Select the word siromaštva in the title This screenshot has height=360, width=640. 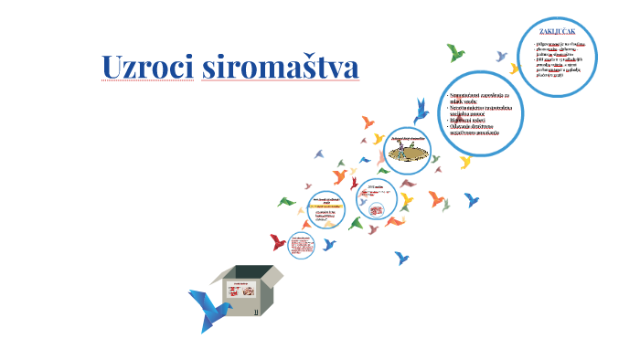[x=278, y=68]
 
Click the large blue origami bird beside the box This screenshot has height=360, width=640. [x=208, y=308]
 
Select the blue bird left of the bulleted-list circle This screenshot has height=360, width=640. [x=421, y=111]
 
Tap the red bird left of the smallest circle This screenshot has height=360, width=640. [x=278, y=242]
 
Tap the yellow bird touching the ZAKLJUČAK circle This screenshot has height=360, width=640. [x=515, y=69]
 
